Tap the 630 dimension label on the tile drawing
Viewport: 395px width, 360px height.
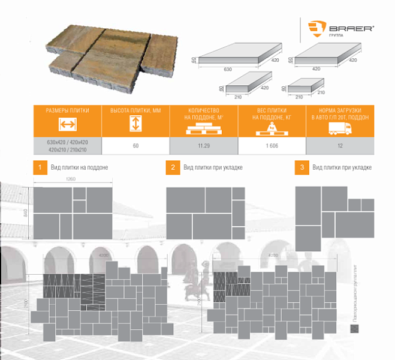coord(228,70)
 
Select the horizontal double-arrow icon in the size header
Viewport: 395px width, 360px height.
coord(67,125)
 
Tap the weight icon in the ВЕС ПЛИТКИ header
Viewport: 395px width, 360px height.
coord(272,127)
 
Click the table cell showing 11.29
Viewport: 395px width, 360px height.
coord(204,145)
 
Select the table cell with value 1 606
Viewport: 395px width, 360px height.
coord(272,145)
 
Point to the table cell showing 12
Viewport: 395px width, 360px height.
coord(339,145)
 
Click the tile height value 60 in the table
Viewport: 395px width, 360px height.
coord(135,145)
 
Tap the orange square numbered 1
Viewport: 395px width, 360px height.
coord(39,167)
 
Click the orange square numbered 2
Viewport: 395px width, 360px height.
coord(172,167)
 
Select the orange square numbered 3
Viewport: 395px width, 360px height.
coord(301,167)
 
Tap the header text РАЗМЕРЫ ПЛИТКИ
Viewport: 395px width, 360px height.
coord(67,111)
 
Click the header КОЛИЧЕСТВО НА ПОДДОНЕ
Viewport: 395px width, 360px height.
coord(204,114)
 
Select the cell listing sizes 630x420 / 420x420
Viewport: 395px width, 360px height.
coord(67,142)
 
